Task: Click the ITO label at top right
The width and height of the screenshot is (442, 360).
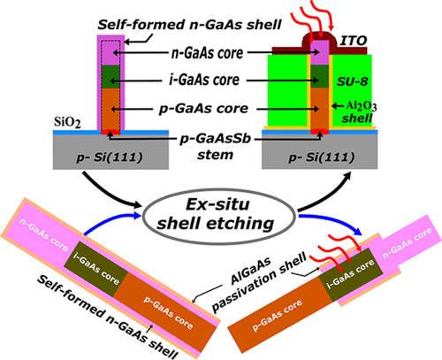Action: tap(354, 41)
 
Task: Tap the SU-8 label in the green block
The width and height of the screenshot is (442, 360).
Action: tap(352, 81)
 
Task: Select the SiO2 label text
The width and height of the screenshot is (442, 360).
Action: tap(67, 122)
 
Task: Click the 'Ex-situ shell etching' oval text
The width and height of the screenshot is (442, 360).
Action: tap(217, 214)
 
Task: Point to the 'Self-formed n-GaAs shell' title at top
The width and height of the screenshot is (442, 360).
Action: tap(189, 25)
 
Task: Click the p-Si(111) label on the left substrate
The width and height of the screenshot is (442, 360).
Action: tap(110, 157)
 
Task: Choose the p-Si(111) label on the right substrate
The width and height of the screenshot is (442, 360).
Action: tap(322, 157)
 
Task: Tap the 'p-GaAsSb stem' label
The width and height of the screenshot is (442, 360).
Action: tap(216, 146)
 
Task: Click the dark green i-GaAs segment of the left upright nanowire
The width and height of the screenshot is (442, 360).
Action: tap(110, 76)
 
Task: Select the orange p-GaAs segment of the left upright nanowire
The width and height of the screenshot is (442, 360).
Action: tap(110, 109)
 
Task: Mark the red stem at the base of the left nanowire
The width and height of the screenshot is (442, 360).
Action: tap(110, 133)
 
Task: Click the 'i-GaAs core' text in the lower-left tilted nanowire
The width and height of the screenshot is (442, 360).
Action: tap(96, 268)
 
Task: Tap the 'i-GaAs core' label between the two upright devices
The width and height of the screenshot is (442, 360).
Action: tap(204, 80)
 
